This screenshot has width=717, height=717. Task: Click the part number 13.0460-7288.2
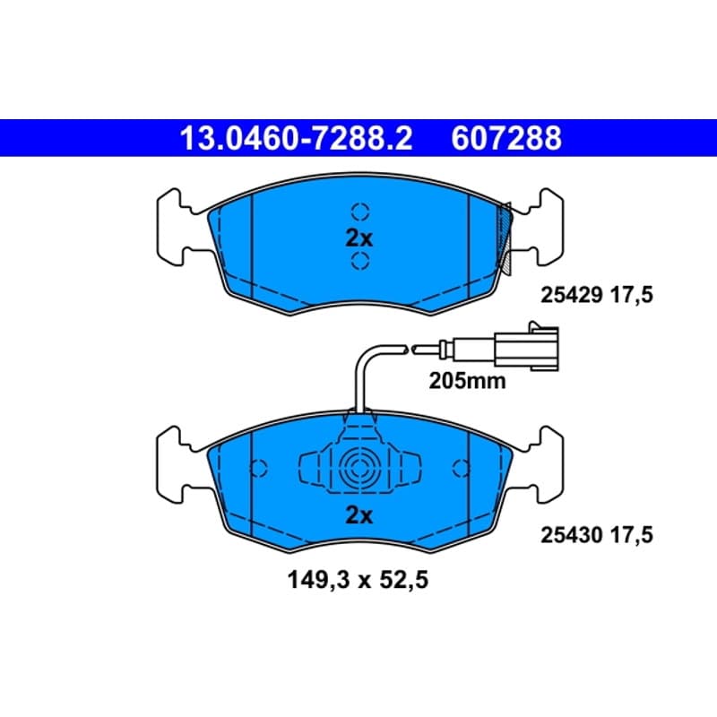[x=297, y=138]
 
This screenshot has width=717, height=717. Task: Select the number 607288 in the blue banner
[x=506, y=138]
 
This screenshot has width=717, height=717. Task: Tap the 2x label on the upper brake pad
[x=359, y=238]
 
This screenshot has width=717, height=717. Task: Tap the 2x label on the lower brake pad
[x=359, y=515]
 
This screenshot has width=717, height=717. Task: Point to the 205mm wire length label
[x=467, y=381]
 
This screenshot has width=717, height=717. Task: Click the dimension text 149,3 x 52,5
[x=358, y=580]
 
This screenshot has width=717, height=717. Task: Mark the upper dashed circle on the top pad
[x=360, y=212]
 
